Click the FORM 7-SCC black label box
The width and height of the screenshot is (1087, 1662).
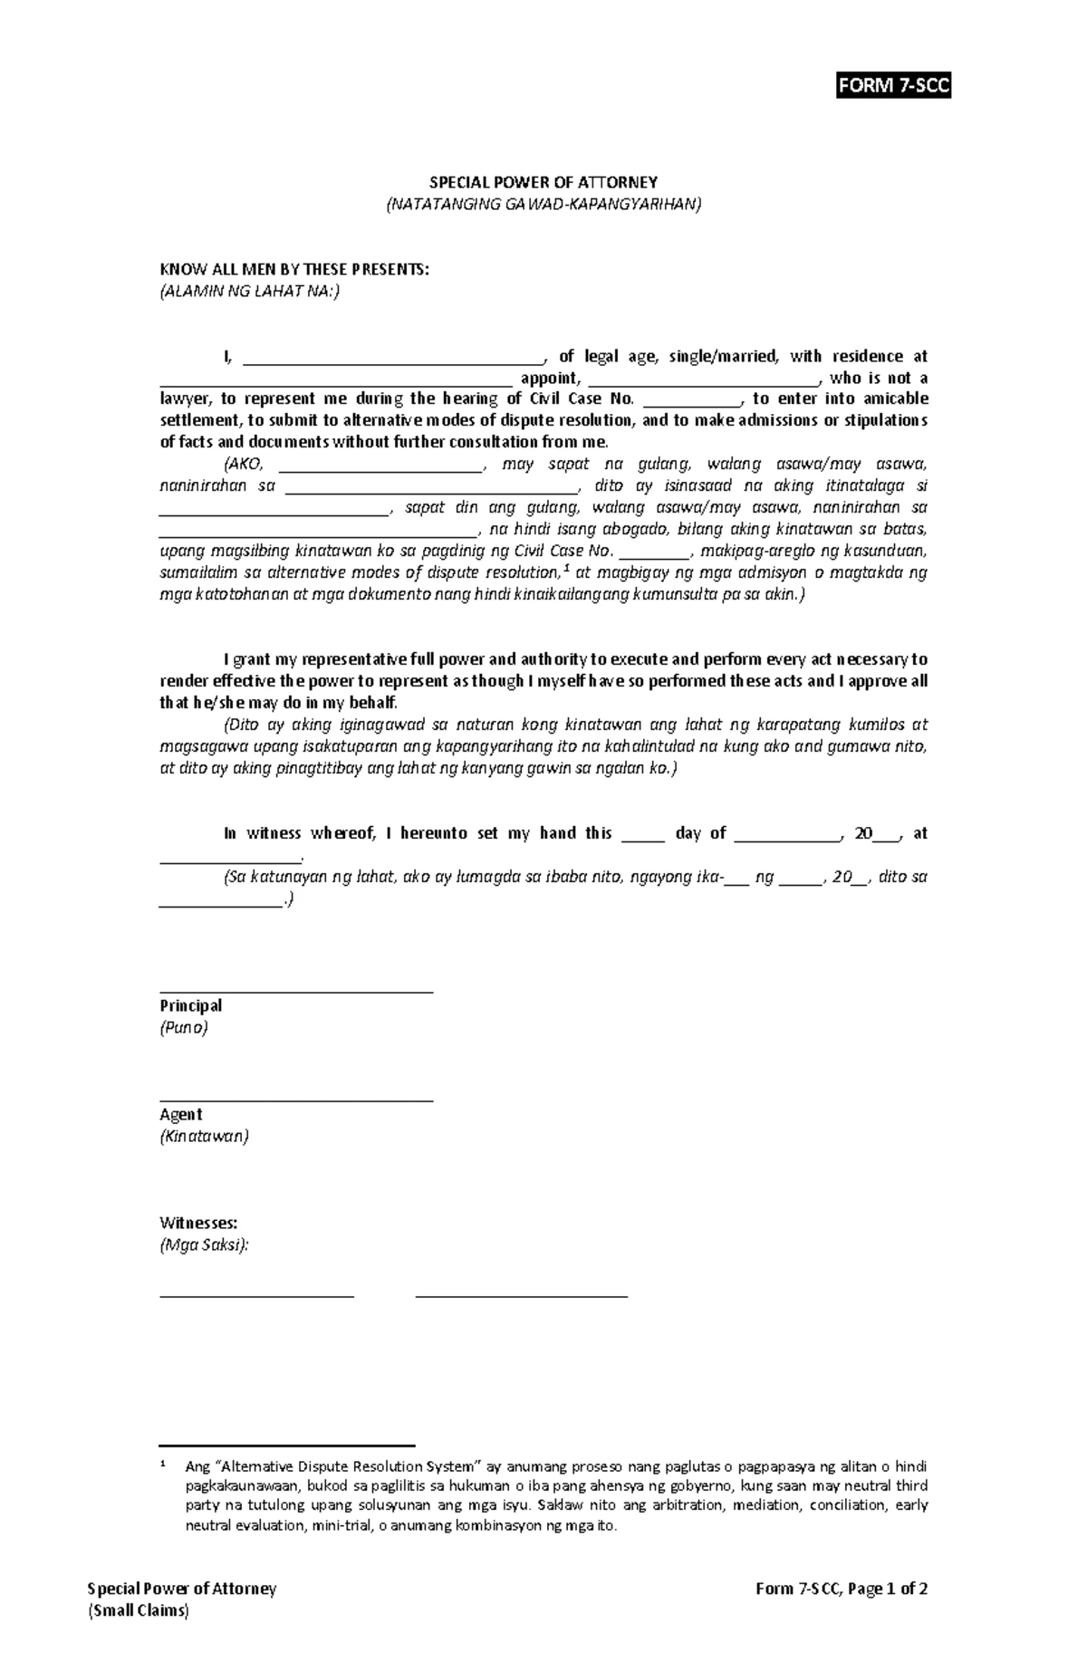point(893,86)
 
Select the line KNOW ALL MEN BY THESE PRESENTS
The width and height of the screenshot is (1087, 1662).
point(293,269)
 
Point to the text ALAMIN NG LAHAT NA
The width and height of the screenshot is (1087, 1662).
point(250,292)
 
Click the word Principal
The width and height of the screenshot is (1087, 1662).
point(191,1005)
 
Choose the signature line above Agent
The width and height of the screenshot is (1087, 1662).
point(296,1100)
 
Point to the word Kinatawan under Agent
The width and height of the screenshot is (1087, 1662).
point(204,1136)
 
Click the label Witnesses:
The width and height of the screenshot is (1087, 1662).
point(198,1223)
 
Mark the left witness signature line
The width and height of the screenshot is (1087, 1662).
point(256,1296)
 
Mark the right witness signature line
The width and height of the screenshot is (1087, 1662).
point(521,1296)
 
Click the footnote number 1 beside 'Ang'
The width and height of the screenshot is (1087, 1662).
point(163,1465)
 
